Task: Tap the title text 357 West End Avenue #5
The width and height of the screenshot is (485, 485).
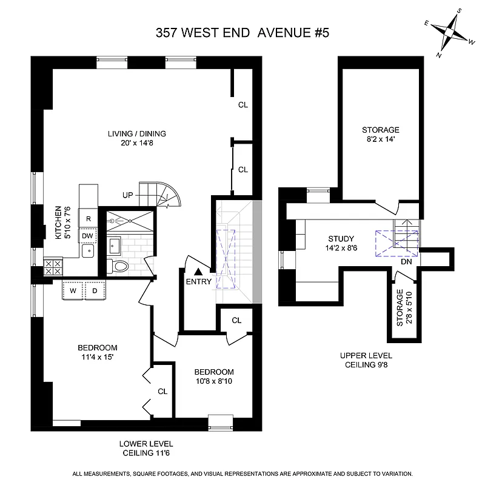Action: pos(242,34)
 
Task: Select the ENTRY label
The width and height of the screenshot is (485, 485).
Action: pos(199,282)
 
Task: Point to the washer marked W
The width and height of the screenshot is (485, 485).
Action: pos(73,291)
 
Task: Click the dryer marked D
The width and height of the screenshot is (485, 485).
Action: pos(95,291)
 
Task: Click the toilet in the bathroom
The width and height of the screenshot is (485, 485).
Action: pos(119,266)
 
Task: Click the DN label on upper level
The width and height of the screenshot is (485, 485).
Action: pos(407,263)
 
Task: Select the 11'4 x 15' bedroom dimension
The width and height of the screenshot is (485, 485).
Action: pos(97,358)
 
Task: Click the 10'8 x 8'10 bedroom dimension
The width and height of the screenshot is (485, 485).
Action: pos(213,381)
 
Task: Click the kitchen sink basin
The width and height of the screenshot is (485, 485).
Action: pos(89,249)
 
